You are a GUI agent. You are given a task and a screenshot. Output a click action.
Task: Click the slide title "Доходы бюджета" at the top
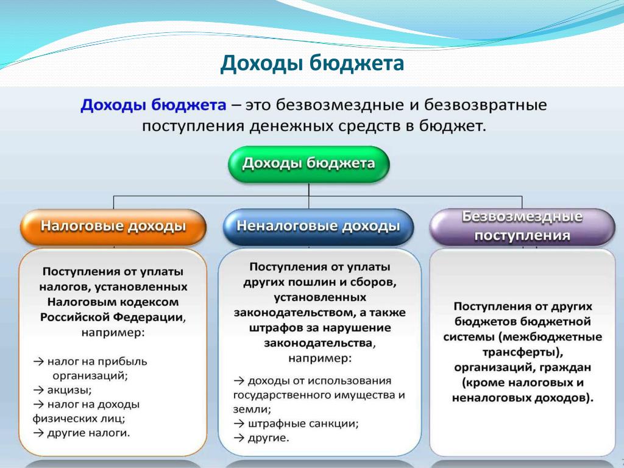tap(312, 63)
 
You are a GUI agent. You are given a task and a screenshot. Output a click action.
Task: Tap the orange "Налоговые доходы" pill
tap(113, 227)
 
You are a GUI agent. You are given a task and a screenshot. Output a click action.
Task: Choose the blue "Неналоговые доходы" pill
tap(318, 227)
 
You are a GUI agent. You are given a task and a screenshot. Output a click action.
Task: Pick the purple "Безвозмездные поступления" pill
tap(522, 227)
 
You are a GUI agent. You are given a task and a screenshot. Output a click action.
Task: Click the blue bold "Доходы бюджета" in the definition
tap(153, 105)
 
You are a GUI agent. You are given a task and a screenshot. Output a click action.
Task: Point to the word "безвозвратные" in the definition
tap(485, 105)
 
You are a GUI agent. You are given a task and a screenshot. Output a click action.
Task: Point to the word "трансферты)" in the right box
tap(522, 352)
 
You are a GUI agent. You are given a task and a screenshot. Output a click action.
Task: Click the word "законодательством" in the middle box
tap(294, 313)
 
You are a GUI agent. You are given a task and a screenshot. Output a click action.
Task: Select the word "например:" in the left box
tap(113, 333)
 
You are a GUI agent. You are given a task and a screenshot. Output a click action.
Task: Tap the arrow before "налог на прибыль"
tap(38, 361)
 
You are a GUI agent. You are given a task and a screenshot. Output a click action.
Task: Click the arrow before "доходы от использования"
tap(239, 381)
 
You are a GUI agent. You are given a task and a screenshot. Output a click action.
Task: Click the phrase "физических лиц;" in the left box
tap(79, 419)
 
